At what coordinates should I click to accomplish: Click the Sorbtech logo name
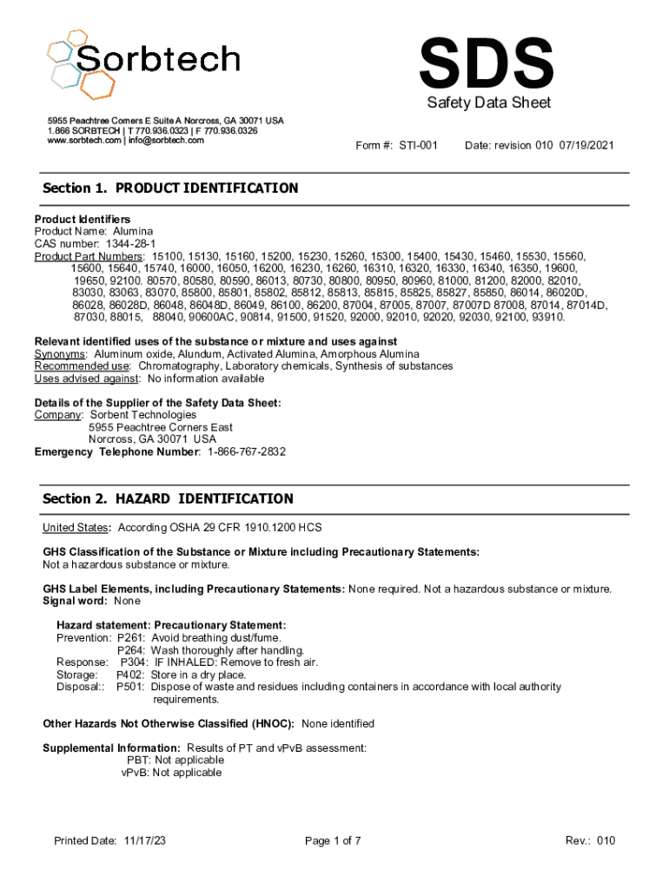[156, 59]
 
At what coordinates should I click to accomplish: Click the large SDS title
[486, 63]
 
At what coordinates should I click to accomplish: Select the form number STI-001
[418, 146]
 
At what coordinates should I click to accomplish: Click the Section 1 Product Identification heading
[170, 188]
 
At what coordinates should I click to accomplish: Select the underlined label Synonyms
[60, 354]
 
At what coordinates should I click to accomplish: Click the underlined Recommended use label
[83, 366]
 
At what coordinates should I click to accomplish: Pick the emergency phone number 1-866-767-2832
[246, 451]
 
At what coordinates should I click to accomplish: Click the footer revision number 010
[606, 840]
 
